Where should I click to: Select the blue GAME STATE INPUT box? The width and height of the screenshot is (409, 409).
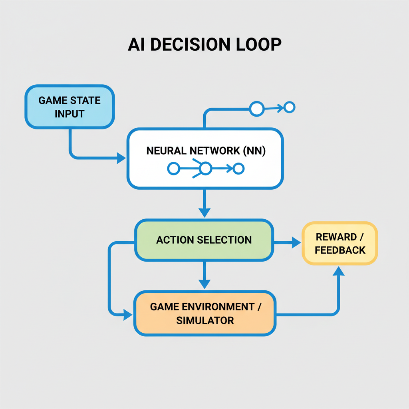click(70, 107)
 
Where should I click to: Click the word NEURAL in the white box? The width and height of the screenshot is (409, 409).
click(166, 151)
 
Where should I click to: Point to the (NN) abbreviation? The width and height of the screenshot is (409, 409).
click(254, 151)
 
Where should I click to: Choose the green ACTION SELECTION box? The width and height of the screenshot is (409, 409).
click(204, 240)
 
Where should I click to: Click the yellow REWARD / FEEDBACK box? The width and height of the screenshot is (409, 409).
click(340, 243)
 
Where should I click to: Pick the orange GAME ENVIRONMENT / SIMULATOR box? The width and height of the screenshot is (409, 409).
click(204, 313)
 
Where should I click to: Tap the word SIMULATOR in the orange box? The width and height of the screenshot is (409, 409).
click(205, 320)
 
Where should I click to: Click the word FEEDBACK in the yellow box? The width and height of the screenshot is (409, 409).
click(340, 250)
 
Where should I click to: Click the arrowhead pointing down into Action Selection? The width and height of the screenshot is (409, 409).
click(204, 212)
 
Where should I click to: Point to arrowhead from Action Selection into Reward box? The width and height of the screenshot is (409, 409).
click(296, 242)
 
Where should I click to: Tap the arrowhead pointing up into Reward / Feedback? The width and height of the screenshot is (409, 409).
click(339, 271)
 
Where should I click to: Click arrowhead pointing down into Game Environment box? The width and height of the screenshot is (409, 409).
click(204, 284)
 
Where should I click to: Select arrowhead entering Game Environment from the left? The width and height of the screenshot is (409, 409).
click(128, 315)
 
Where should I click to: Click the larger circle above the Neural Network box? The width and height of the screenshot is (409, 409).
click(257, 108)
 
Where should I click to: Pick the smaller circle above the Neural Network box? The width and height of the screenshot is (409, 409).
click(289, 107)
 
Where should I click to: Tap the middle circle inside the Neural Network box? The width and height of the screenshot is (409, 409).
click(205, 169)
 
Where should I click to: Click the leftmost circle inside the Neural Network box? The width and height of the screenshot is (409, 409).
click(173, 169)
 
